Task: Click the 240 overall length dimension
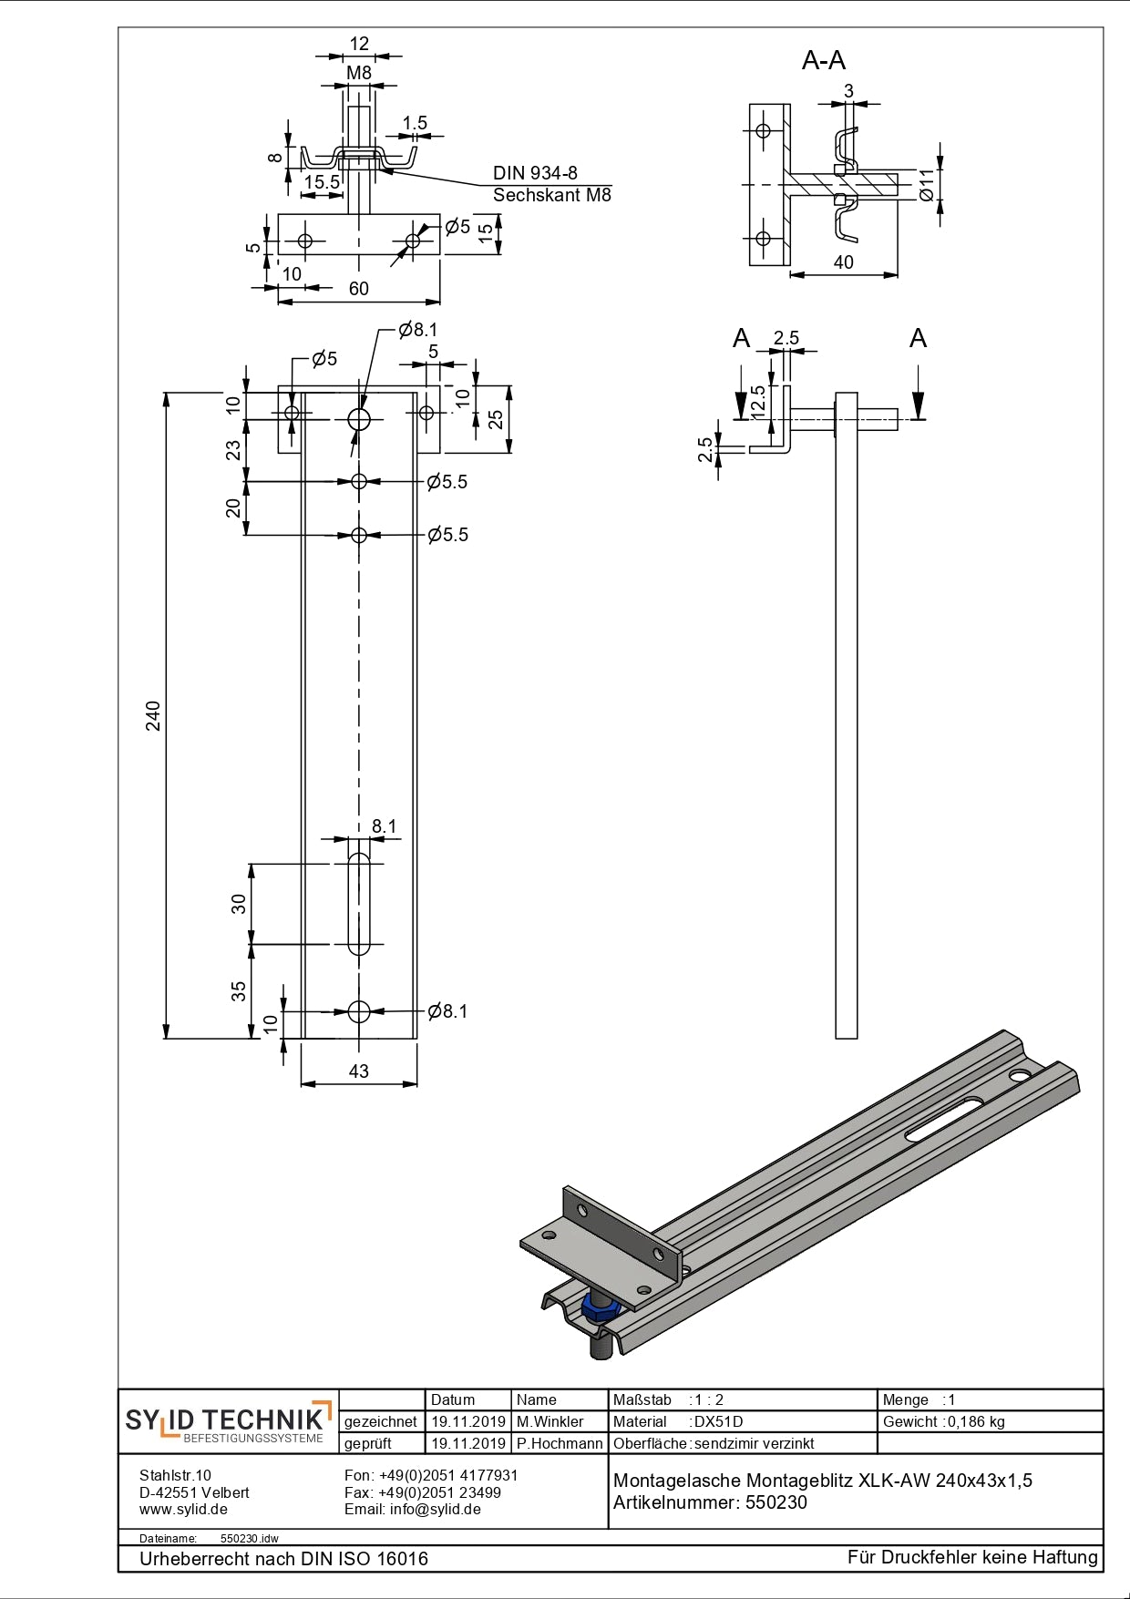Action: (x=153, y=715)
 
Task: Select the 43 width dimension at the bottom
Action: (x=358, y=1071)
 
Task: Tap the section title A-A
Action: (x=823, y=60)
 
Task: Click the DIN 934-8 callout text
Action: (x=535, y=173)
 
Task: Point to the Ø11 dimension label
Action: (x=926, y=185)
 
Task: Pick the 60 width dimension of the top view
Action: (x=358, y=289)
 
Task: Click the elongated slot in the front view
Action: (x=359, y=904)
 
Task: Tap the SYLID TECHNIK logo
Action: (x=228, y=1421)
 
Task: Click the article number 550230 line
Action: (x=710, y=1502)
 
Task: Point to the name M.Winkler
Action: (x=550, y=1421)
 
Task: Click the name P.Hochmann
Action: (x=559, y=1443)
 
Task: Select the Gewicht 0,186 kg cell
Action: (x=943, y=1421)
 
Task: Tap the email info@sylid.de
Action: (x=412, y=1509)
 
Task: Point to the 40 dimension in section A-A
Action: (x=844, y=262)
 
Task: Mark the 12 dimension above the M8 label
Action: (x=358, y=44)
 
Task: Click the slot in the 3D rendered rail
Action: (x=944, y=1119)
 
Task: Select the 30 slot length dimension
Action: (x=239, y=904)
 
